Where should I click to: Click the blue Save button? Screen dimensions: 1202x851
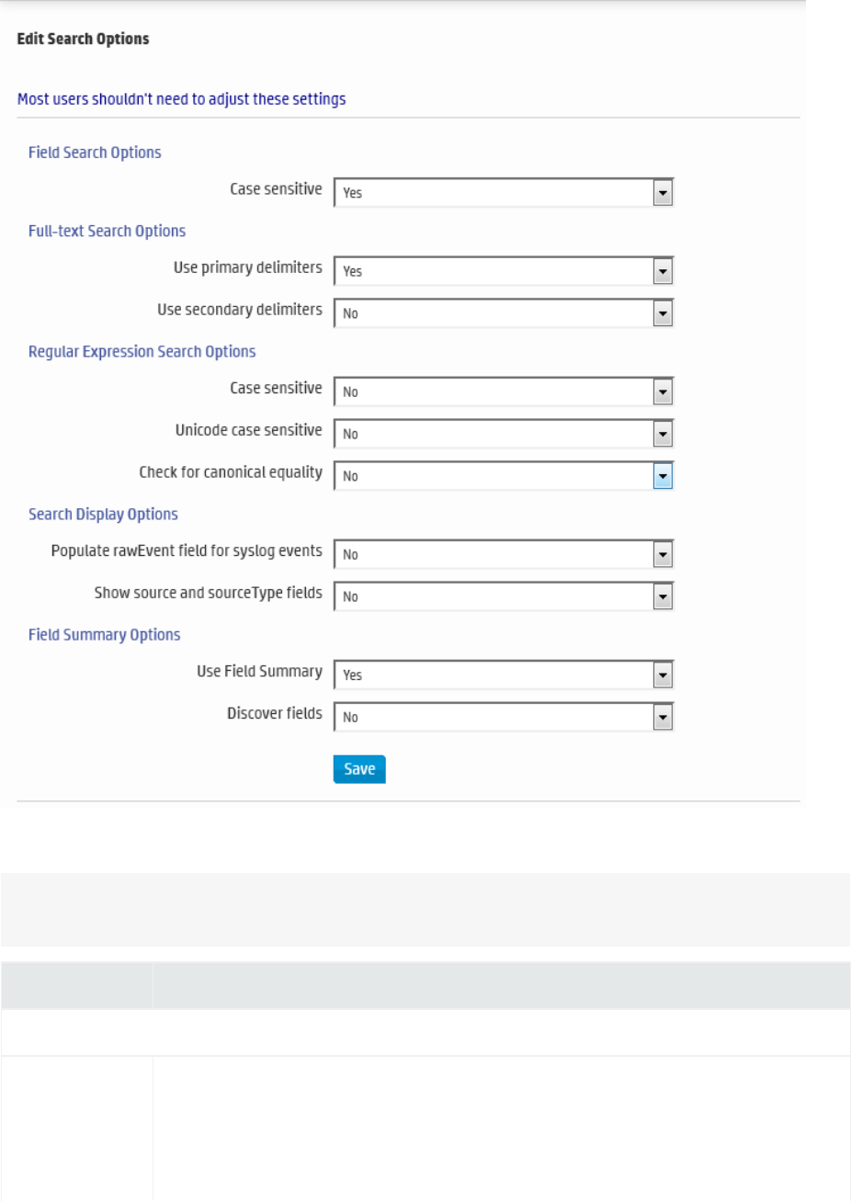pyautogui.click(x=359, y=769)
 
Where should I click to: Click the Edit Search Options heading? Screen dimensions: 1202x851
pyautogui.click(x=83, y=39)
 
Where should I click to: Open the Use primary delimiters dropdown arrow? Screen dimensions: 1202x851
pyautogui.click(x=663, y=271)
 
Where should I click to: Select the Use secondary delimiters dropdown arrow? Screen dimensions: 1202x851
pyautogui.click(x=663, y=313)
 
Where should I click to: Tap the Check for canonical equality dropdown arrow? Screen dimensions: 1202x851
pyautogui.click(x=663, y=476)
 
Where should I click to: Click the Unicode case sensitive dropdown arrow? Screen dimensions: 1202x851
pyautogui.click(x=663, y=434)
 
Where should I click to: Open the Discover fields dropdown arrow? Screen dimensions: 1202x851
pyautogui.click(x=663, y=717)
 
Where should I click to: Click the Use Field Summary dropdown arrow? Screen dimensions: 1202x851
pyautogui.click(x=663, y=675)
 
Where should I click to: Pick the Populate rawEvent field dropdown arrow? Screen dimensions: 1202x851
pyautogui.click(x=663, y=554)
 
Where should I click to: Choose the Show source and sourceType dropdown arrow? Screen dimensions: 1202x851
pyautogui.click(x=663, y=596)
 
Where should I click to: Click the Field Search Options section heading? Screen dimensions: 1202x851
pyautogui.click(x=95, y=153)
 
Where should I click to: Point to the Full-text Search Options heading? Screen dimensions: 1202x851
pyautogui.click(x=107, y=231)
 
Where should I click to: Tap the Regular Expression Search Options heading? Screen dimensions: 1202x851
pyautogui.click(x=142, y=351)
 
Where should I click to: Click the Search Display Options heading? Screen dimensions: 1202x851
pyautogui.click(x=103, y=514)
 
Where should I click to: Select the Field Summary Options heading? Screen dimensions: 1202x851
pyautogui.click(x=104, y=634)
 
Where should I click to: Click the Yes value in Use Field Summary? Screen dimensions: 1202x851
pyautogui.click(x=353, y=675)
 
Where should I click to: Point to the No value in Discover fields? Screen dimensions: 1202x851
pyautogui.click(x=350, y=718)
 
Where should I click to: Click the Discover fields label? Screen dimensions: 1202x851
pyautogui.click(x=274, y=713)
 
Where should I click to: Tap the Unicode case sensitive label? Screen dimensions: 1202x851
pyautogui.click(x=248, y=430)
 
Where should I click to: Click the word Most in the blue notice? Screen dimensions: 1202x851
pyautogui.click(x=32, y=98)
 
